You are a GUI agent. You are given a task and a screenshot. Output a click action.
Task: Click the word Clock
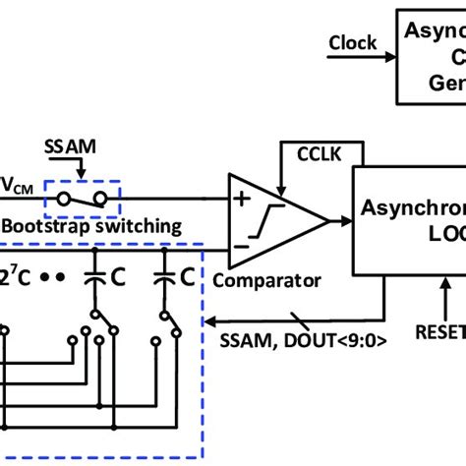point(352,43)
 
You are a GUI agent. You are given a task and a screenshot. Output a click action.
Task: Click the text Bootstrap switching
point(91,226)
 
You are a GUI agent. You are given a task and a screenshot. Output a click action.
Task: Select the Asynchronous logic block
point(408,220)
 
